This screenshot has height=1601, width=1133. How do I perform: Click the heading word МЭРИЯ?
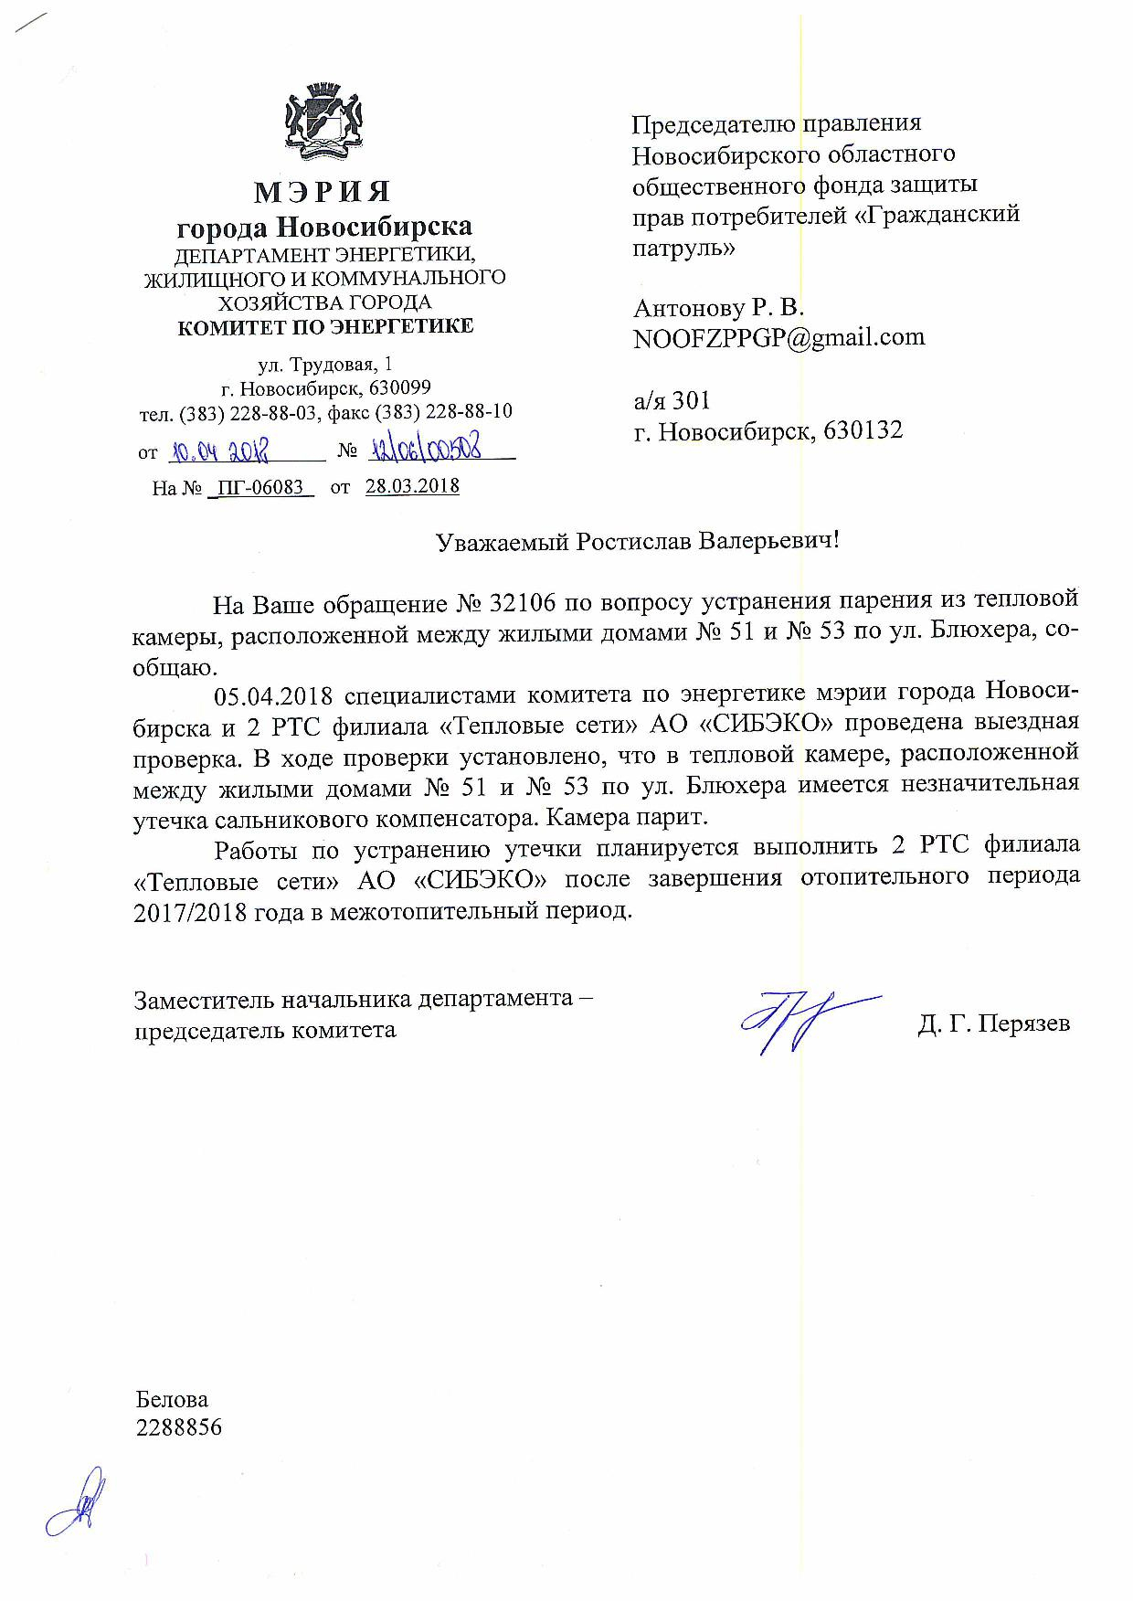(323, 193)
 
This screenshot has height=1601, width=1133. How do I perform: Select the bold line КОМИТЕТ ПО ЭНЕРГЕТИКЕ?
(325, 326)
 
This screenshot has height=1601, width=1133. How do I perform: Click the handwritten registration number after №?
(430, 449)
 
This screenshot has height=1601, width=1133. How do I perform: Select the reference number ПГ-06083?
(261, 487)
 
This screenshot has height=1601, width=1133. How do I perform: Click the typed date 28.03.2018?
(412, 486)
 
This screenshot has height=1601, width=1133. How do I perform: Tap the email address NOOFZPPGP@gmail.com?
(778, 338)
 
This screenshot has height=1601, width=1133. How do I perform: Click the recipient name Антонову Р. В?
(718, 307)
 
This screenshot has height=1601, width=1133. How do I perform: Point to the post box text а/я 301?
(672, 400)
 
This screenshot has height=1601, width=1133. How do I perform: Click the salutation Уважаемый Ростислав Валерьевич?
(637, 541)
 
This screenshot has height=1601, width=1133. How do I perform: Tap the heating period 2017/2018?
(190, 912)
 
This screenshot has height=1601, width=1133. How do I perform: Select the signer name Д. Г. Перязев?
(993, 1023)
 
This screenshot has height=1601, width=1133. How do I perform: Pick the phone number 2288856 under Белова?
(178, 1427)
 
